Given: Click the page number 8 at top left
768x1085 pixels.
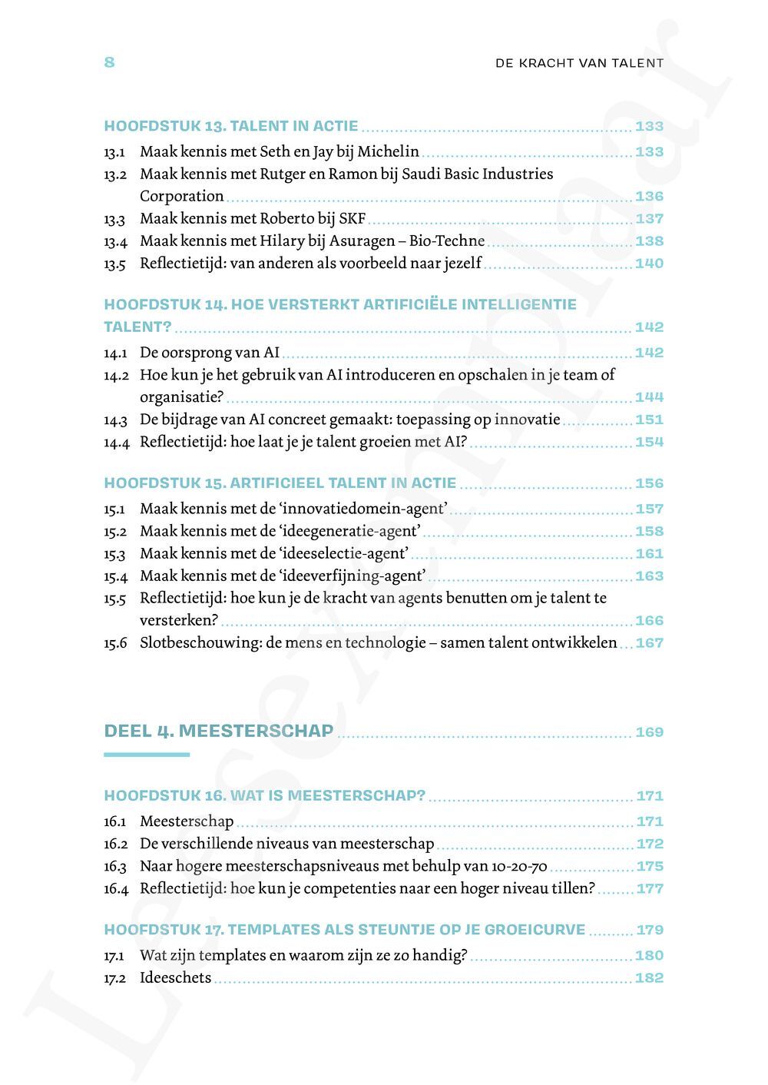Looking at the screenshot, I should [109, 62].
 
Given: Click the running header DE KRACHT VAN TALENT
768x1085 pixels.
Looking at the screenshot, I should [579, 63].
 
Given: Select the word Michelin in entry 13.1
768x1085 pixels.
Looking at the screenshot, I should [389, 151].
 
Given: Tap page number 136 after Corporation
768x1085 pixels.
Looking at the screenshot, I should [649, 197].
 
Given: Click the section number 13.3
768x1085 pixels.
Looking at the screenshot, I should [114, 219].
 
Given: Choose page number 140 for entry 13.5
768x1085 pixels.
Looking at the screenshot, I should [649, 264].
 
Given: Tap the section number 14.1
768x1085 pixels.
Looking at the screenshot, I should [114, 353].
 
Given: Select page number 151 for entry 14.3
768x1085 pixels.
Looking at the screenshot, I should [649, 420].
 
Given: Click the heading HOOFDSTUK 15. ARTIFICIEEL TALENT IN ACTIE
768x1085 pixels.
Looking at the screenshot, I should [280, 483].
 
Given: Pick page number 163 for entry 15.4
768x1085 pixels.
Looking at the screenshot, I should [649, 576].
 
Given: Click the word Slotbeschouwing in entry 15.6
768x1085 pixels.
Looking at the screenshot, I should [200, 643].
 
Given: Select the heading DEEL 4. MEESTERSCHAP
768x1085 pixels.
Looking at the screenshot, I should [219, 731].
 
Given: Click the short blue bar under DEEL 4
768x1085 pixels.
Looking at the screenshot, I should [146, 755].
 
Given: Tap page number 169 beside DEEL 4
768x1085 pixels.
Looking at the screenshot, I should [649, 732].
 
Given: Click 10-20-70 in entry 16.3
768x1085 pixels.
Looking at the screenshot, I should [518, 867].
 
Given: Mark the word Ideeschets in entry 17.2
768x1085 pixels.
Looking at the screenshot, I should [175, 978].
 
